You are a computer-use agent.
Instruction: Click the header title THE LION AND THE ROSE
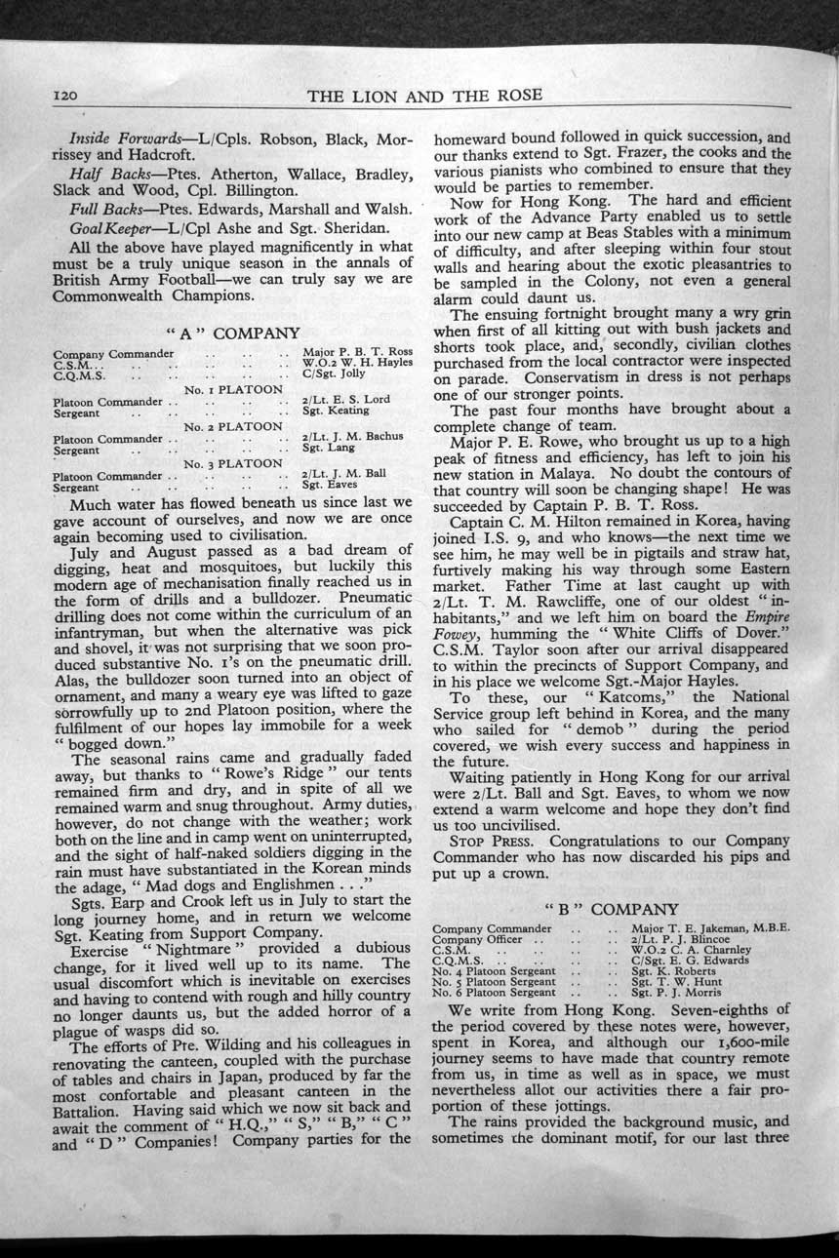(425, 96)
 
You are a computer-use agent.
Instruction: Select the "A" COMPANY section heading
(232, 334)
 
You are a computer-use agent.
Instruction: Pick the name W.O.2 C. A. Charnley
(692, 949)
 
